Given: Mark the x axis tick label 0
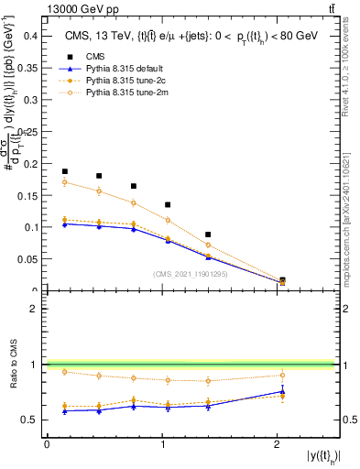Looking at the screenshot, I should click(47, 444).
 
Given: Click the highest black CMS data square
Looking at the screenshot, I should click(65, 171).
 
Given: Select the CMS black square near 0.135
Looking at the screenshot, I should click(168, 204).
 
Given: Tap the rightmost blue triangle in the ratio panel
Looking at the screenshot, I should click(282, 391).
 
